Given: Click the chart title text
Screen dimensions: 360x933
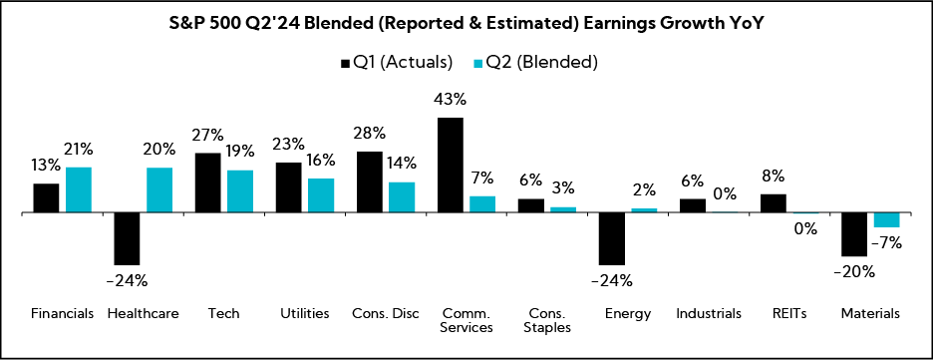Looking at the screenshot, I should pos(466,23).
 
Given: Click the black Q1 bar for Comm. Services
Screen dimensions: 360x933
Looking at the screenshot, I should pos(451,165).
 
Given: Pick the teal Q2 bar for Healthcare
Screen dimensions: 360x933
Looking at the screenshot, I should pos(159,189).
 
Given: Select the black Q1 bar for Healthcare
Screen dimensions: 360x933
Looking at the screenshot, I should pos(127,238).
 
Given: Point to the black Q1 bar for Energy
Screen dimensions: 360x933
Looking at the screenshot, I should pos(612,238).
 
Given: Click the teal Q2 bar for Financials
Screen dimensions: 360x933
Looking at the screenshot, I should pos(79,189).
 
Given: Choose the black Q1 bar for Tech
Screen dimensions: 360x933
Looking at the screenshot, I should pos(207,182).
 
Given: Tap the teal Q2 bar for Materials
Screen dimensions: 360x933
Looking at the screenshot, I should pos(887,220).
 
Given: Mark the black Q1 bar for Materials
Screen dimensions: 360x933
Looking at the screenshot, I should pos(854,234).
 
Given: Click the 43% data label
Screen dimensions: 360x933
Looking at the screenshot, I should pos(451,101).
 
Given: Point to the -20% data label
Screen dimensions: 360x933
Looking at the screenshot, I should pos(854,271).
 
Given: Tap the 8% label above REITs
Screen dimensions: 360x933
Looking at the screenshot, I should pos(774,178).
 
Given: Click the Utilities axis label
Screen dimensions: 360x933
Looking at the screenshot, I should pos(304,313).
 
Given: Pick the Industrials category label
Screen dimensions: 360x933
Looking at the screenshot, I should pos(709,313).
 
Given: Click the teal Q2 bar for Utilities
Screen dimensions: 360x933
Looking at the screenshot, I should pos(321,195).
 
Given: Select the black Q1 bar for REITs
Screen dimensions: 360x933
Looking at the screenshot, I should pos(774,202).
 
